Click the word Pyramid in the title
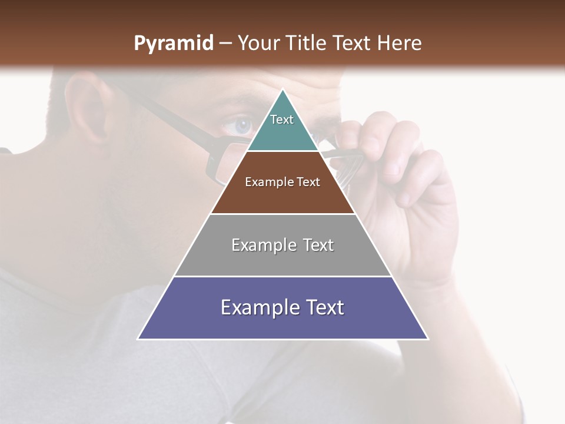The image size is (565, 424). (173, 44)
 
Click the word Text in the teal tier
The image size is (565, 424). (282, 120)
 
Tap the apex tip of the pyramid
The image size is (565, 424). (283, 90)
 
